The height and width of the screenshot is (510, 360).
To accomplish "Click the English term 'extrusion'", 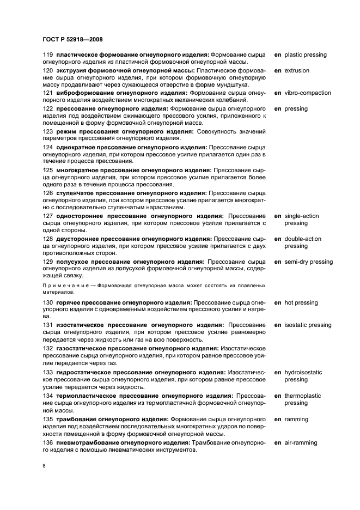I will click(297, 71).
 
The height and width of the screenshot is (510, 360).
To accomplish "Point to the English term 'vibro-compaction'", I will click(308, 93).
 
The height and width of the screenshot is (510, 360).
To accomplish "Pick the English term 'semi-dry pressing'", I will click(308, 262).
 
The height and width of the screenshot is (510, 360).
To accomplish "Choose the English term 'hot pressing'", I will click(301, 303).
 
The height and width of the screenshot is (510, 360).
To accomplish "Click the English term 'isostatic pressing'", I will click(308, 325).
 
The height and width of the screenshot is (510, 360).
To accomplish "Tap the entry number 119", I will click(48, 55).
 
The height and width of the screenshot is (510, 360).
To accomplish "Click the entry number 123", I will click(48, 131).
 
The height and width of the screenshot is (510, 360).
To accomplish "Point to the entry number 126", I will click(48, 193).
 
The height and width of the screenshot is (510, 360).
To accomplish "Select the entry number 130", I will click(48, 303).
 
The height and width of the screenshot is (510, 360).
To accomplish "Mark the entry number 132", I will click(48, 348).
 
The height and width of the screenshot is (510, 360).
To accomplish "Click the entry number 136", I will click(48, 444).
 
